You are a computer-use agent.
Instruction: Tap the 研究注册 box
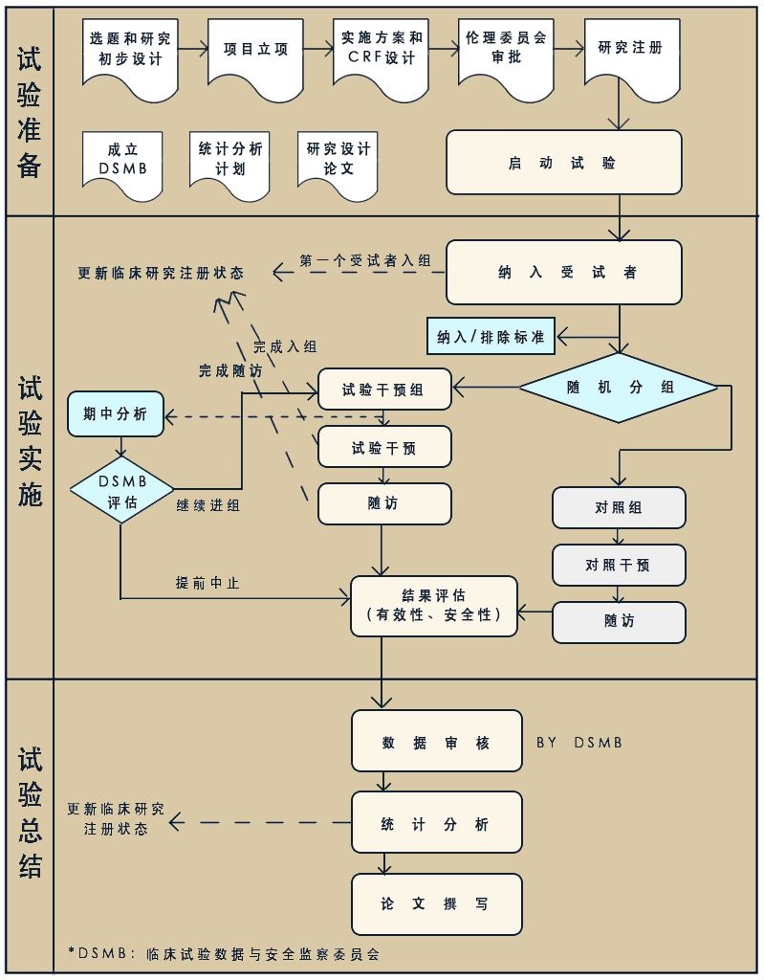click(631, 53)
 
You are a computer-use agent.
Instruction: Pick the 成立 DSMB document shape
click(123, 161)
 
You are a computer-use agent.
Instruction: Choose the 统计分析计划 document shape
click(229, 161)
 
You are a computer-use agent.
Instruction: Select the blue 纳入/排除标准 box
click(491, 337)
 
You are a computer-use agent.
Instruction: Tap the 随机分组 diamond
click(618, 388)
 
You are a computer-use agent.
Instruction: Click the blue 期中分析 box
click(116, 414)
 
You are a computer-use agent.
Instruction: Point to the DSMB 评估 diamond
click(121, 490)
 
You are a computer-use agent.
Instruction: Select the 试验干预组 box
click(383, 390)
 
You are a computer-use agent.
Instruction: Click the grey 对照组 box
click(619, 507)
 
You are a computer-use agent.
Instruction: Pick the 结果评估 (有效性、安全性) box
click(434, 606)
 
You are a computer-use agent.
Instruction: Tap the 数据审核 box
click(436, 742)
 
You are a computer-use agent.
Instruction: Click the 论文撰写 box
click(436, 904)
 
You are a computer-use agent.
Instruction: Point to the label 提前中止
click(207, 582)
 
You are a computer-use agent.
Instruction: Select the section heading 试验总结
click(30, 814)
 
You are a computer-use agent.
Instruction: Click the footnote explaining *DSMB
click(224, 953)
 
